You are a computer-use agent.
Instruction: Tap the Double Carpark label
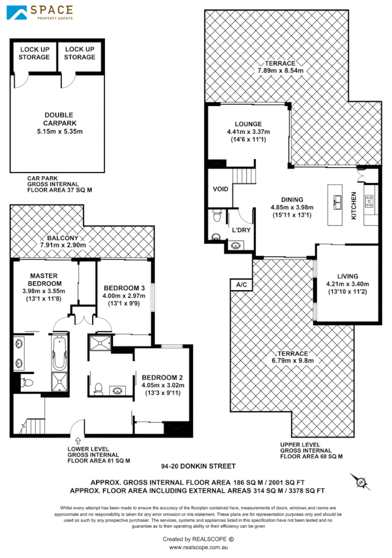59,119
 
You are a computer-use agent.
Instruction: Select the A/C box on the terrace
241,285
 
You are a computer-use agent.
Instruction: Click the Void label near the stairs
221,189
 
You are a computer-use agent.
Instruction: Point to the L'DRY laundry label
241,230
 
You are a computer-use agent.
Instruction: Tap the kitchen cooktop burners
370,201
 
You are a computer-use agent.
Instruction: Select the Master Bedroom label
45,280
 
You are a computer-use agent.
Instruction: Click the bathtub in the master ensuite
59,352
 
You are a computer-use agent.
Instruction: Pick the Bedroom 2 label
162,376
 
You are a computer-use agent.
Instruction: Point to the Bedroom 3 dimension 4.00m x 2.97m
123,295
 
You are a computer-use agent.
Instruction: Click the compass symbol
360,481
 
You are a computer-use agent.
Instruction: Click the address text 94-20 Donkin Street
198,466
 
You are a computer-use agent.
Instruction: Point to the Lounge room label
248,124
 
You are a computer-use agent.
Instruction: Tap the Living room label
347,276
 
